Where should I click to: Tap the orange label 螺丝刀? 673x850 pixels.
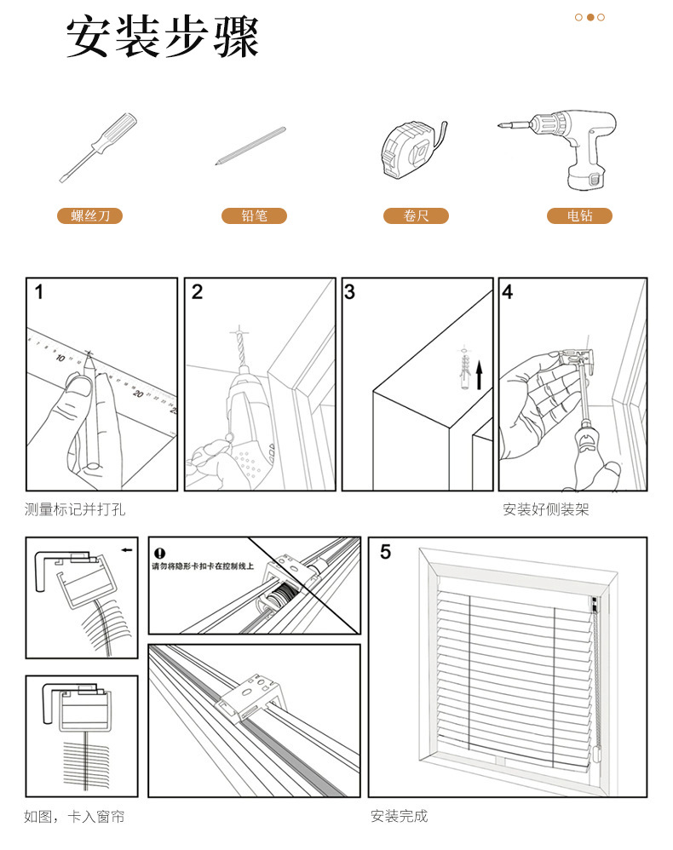(x=90, y=216)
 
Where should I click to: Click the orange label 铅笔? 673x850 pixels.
(x=254, y=216)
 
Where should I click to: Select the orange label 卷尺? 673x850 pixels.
(x=416, y=216)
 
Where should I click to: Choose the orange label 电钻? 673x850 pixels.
(x=579, y=216)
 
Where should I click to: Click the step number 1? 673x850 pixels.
(x=38, y=293)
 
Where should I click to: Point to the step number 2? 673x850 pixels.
(x=198, y=293)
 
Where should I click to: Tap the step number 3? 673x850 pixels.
(x=350, y=293)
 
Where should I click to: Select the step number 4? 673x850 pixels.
(x=508, y=293)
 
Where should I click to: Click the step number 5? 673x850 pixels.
(x=385, y=552)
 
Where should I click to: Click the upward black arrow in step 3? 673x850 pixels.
(x=479, y=374)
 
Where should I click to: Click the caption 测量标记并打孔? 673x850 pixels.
(x=75, y=510)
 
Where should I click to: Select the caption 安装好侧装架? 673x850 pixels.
(x=545, y=510)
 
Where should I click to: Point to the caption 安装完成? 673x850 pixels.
(x=399, y=816)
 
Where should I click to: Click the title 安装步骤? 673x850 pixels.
(x=162, y=38)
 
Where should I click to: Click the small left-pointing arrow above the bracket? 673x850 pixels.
(x=127, y=550)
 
